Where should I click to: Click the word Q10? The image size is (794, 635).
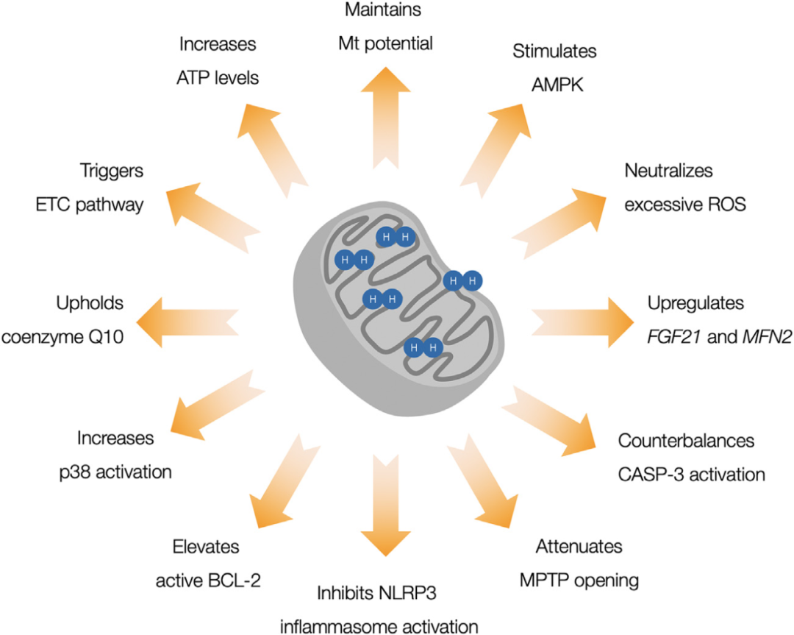[132, 336]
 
